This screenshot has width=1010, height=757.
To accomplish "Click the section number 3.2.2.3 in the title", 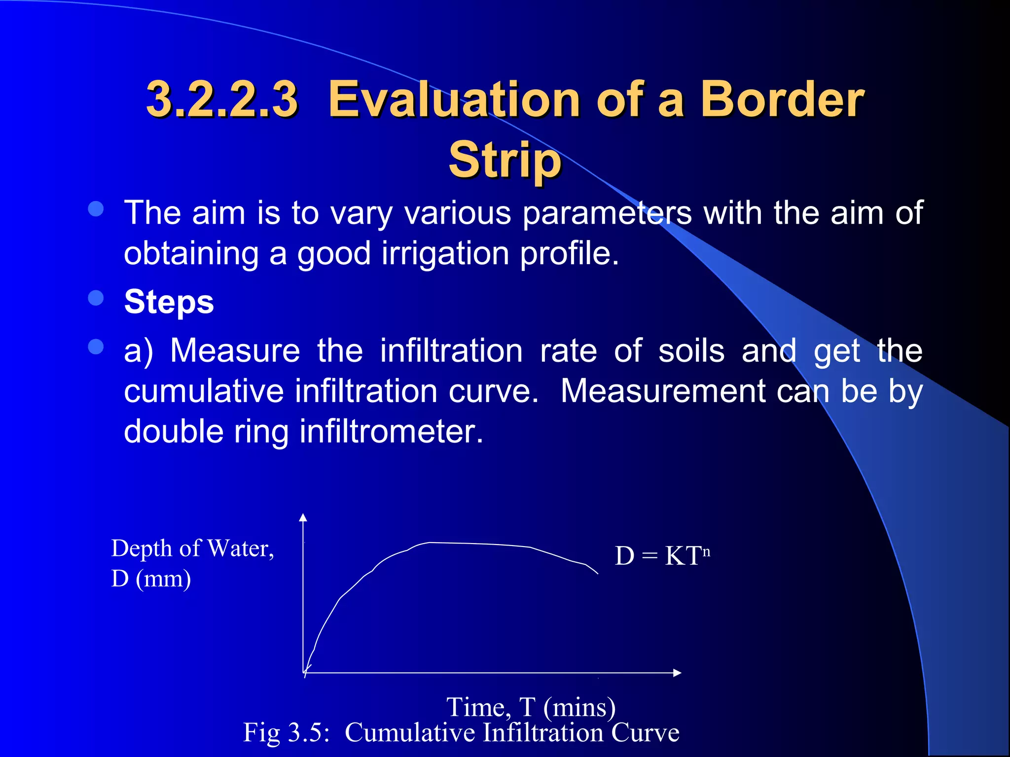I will coord(222,100).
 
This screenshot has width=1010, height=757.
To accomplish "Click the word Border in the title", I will coord(782,100).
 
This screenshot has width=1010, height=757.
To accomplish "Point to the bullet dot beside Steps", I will coord(96,298).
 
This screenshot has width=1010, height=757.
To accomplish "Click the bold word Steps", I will coord(169,302).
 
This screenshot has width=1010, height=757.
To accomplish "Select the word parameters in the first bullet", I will coord(607,213).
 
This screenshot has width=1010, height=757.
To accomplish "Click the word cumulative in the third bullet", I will coord(204,391).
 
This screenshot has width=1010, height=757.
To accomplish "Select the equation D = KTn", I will coord(661,556).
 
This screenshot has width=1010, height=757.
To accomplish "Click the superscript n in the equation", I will coord(706,551).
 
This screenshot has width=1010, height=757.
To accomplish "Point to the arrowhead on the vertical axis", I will coord(303,517).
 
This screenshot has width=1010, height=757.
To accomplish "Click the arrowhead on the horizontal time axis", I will coord(677,673).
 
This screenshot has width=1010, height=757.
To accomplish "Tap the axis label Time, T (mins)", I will coord(531,707).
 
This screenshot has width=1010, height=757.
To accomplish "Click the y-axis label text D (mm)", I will coord(151,579).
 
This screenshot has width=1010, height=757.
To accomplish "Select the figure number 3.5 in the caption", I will coord(305,732).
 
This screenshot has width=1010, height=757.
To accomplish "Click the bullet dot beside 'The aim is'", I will coord(96,209).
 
